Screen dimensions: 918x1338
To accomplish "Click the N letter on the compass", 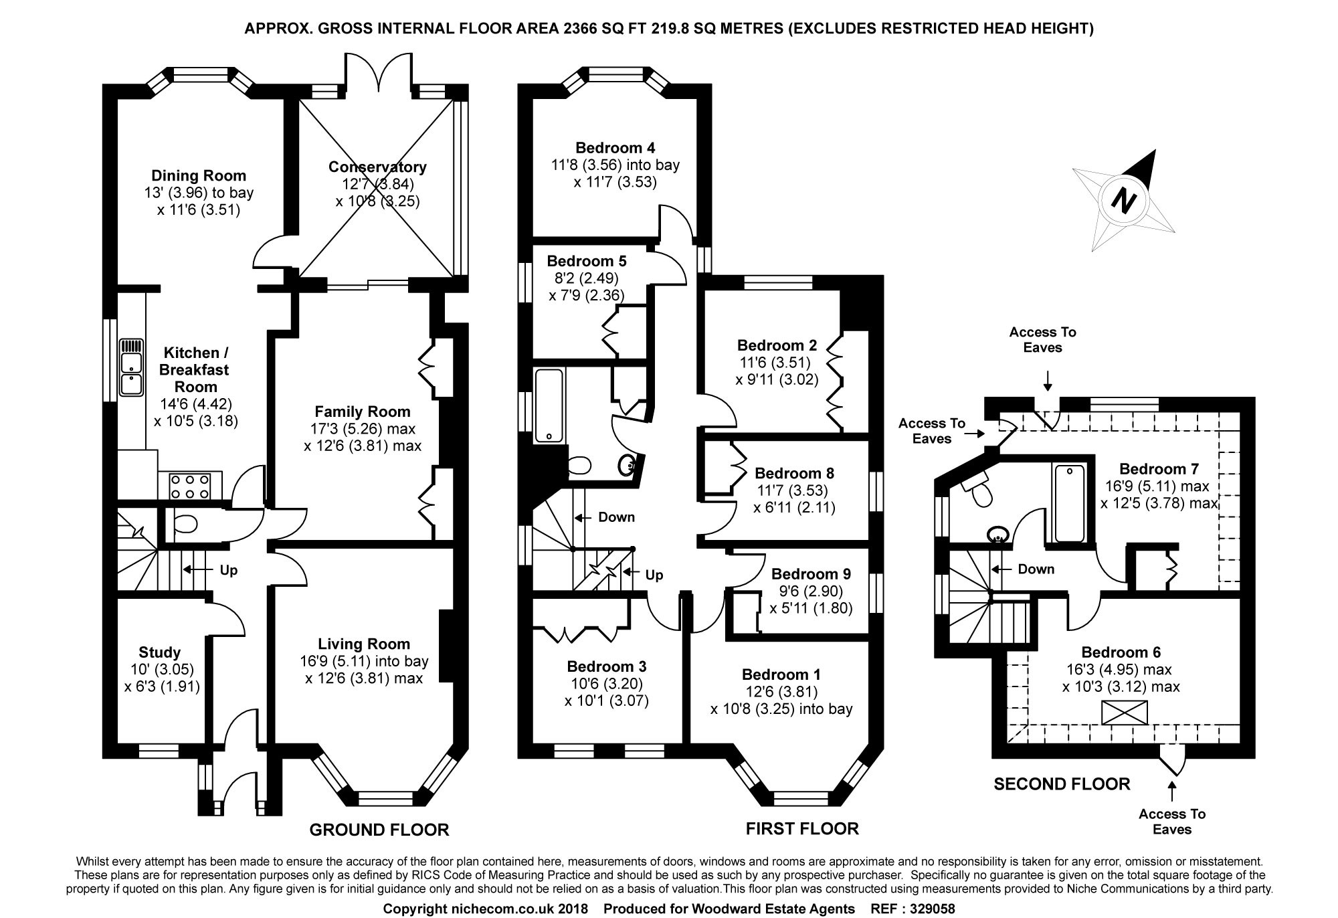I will click(1124, 199).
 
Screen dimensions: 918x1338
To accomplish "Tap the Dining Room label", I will click(198, 175).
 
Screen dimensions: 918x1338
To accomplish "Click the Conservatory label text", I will click(377, 167).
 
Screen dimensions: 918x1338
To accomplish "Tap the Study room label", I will click(159, 652).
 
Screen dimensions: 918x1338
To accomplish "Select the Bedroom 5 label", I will click(586, 261).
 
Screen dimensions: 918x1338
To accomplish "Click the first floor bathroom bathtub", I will click(549, 405).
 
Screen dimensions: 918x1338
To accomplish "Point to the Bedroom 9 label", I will click(811, 573).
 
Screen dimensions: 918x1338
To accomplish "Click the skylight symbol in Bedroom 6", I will click(1124, 712).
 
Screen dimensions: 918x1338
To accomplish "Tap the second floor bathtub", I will click(1069, 503).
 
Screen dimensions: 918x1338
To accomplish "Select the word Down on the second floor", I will click(1036, 569).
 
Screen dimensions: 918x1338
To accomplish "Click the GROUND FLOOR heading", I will click(379, 830).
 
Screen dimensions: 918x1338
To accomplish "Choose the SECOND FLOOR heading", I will click(1061, 784).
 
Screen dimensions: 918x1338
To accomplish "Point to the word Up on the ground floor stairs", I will click(229, 570).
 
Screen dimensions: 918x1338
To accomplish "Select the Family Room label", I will click(363, 411).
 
